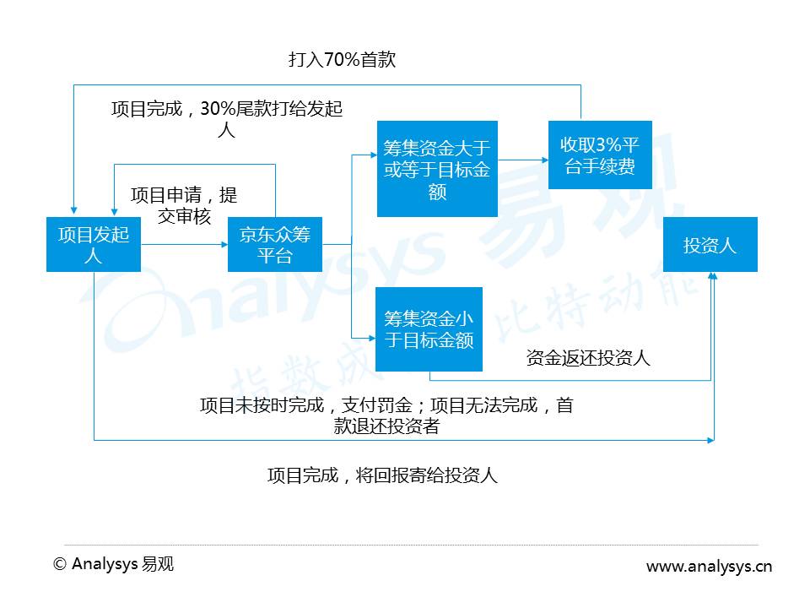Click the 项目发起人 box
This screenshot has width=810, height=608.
93,244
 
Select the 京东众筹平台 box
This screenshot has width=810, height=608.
275,244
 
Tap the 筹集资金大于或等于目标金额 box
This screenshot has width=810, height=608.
436,169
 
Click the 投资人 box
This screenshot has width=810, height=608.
710,245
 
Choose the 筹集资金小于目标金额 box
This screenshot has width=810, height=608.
429,329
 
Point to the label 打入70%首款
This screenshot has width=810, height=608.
342,60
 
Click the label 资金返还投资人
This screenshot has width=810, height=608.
588,357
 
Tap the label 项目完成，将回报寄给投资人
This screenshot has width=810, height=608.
382,475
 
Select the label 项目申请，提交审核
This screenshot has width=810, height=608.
184,205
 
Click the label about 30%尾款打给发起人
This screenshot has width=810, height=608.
227,119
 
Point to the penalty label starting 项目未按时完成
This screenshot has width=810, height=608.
386,415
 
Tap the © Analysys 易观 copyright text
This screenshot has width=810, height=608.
113,564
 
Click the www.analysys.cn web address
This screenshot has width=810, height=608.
709,567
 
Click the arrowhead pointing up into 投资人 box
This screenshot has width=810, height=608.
713,277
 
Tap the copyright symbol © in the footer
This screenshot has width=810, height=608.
59,564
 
